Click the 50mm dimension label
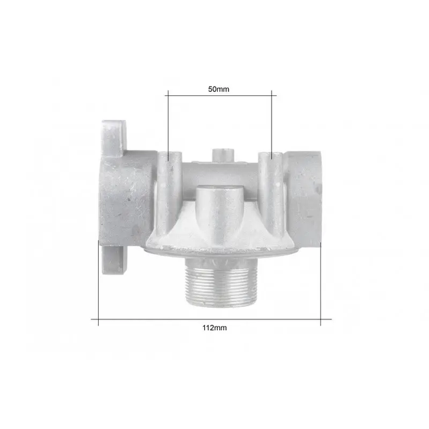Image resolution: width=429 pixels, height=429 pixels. (x=219, y=89)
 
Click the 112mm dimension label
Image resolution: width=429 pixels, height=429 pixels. (x=214, y=328)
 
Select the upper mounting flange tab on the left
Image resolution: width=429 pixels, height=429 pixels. (x=114, y=138)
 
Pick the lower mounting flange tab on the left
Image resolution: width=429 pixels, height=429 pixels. (x=114, y=259)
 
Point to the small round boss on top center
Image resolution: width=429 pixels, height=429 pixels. (x=223, y=155)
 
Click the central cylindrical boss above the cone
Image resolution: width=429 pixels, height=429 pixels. (x=221, y=210)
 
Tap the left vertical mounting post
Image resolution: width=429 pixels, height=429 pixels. (x=170, y=191)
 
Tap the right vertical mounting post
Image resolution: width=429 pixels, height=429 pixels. (x=272, y=191)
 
